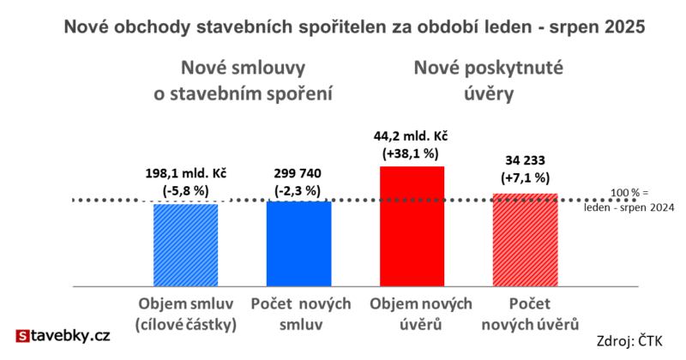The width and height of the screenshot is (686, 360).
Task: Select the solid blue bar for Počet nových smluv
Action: (298, 243)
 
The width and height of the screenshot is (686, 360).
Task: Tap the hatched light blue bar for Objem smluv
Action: (185, 244)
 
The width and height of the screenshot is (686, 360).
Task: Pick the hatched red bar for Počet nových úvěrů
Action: (525, 240)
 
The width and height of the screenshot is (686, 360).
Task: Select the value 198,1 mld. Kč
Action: (186, 171)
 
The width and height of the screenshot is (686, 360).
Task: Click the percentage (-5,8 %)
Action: (186, 189)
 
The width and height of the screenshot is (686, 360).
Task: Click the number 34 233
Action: (525, 160)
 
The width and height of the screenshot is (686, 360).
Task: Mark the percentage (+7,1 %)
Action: (525, 177)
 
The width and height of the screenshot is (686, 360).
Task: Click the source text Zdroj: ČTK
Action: (634, 342)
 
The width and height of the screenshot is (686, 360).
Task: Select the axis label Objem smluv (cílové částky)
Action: (186, 315)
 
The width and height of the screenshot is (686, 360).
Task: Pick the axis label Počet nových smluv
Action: (298, 315)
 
